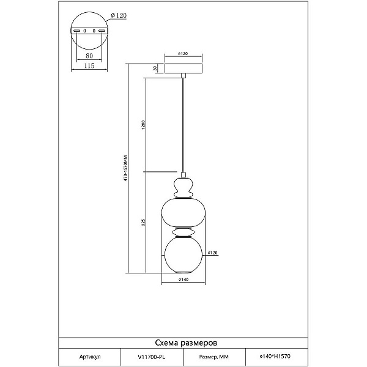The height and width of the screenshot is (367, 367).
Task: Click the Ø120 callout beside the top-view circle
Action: tap(119, 15)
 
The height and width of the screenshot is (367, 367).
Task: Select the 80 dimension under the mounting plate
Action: tap(89, 56)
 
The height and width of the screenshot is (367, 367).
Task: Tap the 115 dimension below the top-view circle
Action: tap(89, 66)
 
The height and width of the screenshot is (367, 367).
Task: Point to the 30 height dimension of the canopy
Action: tap(155, 68)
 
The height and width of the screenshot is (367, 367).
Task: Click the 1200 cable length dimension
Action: tap(144, 125)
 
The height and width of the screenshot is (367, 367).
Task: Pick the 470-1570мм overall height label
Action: tap(125, 168)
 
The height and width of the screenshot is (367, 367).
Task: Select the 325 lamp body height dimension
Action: tap(144, 223)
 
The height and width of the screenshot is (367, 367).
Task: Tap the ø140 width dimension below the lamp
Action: tap(183, 280)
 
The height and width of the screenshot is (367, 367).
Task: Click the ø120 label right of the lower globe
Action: tap(213, 253)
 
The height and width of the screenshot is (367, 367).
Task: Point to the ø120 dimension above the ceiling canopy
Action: tap(183, 54)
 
